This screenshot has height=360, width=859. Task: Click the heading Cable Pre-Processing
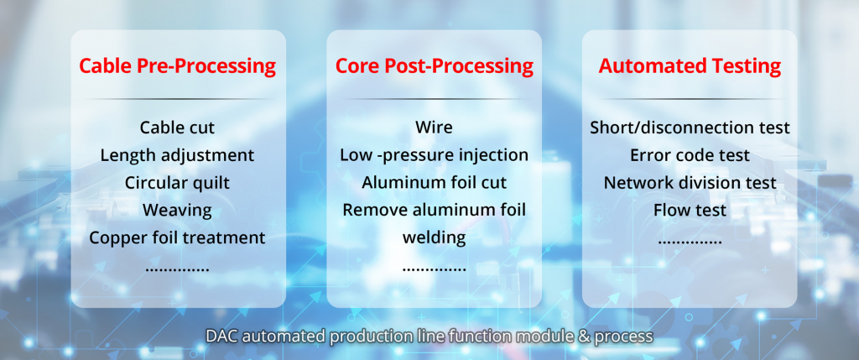tap(177, 66)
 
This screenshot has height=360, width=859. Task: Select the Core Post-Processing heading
tap(434, 66)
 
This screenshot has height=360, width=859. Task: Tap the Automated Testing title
tap(690, 66)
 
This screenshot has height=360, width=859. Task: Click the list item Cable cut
tap(177, 128)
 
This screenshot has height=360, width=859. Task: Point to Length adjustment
tap(177, 155)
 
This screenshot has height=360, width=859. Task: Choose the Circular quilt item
tap(177, 182)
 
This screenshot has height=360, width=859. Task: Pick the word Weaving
tap(177, 210)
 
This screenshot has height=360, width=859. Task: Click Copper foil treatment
tap(177, 237)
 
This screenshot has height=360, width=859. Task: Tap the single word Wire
tap(434, 128)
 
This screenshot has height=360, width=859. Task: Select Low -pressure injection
tap(434, 155)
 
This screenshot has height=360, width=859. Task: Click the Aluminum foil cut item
tap(434, 182)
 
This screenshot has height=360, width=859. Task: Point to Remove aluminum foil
tap(434, 210)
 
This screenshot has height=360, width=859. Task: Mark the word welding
tap(434, 237)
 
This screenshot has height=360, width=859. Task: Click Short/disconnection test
tap(690, 128)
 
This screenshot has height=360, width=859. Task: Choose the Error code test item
tap(690, 155)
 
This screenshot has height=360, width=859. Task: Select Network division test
tap(690, 182)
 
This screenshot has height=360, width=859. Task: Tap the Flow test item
tap(690, 210)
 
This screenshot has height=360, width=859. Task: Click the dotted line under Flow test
tap(690, 243)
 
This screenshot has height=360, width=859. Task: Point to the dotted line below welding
tap(434, 270)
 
